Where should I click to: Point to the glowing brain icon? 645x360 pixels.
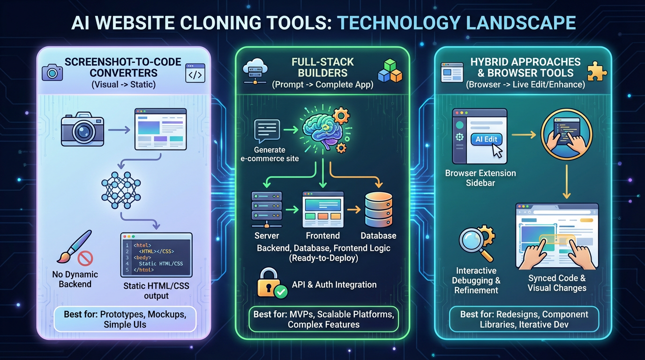point(322,131)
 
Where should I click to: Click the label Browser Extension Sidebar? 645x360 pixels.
point(480,178)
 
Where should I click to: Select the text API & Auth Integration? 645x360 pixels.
point(334,285)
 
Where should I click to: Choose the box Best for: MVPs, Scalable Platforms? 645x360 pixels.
point(323,319)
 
